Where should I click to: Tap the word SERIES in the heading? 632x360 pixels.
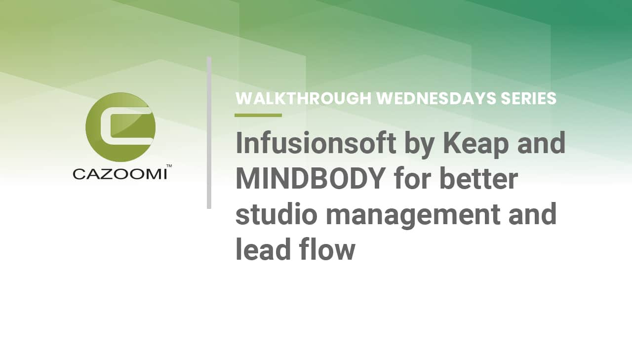pos(529,99)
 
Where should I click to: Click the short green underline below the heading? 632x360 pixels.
pos(258,115)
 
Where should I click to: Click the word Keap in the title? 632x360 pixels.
pos(476,143)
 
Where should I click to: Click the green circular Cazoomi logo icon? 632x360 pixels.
pos(120,127)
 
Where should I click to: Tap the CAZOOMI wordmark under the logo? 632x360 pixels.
pos(119,174)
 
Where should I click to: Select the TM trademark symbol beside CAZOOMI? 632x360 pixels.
pos(169,166)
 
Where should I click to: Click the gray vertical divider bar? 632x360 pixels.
pos(209,132)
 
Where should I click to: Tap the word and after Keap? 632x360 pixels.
pos(541,143)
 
